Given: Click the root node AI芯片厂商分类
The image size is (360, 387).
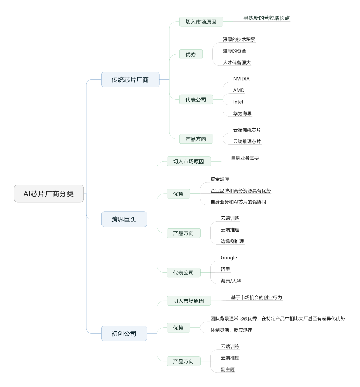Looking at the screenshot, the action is click(x=49, y=193).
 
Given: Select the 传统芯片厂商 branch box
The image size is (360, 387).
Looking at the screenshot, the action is click(x=130, y=80).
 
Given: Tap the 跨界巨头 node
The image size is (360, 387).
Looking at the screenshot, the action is click(x=124, y=219).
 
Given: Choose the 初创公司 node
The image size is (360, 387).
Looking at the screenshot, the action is click(x=124, y=333).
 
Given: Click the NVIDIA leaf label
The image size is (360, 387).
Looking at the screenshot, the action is click(x=241, y=79).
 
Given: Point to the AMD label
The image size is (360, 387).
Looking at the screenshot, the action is click(x=239, y=90).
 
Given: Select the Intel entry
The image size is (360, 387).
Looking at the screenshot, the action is click(x=238, y=102).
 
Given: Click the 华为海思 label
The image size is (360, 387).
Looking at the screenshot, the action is click(x=242, y=113).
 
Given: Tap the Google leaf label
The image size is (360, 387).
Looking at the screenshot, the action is click(x=229, y=258).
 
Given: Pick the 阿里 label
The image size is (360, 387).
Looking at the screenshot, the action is click(x=225, y=269).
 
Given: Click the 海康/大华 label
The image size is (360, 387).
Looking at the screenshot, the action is click(x=231, y=281).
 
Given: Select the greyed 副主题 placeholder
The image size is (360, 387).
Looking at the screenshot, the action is click(x=228, y=369).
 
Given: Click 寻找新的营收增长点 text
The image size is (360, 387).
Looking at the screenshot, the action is click(x=267, y=18).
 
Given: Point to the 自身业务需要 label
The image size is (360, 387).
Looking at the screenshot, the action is click(x=245, y=158).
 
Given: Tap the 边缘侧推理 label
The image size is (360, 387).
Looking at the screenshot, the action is click(x=232, y=241).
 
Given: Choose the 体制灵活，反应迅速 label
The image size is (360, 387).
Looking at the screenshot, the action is click(x=231, y=330).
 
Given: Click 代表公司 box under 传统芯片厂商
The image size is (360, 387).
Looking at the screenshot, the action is click(x=196, y=100).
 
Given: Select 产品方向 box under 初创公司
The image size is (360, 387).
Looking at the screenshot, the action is click(x=184, y=361).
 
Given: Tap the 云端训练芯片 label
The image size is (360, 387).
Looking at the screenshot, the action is click(x=247, y=130).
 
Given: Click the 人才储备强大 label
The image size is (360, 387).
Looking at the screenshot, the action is click(x=237, y=62).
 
